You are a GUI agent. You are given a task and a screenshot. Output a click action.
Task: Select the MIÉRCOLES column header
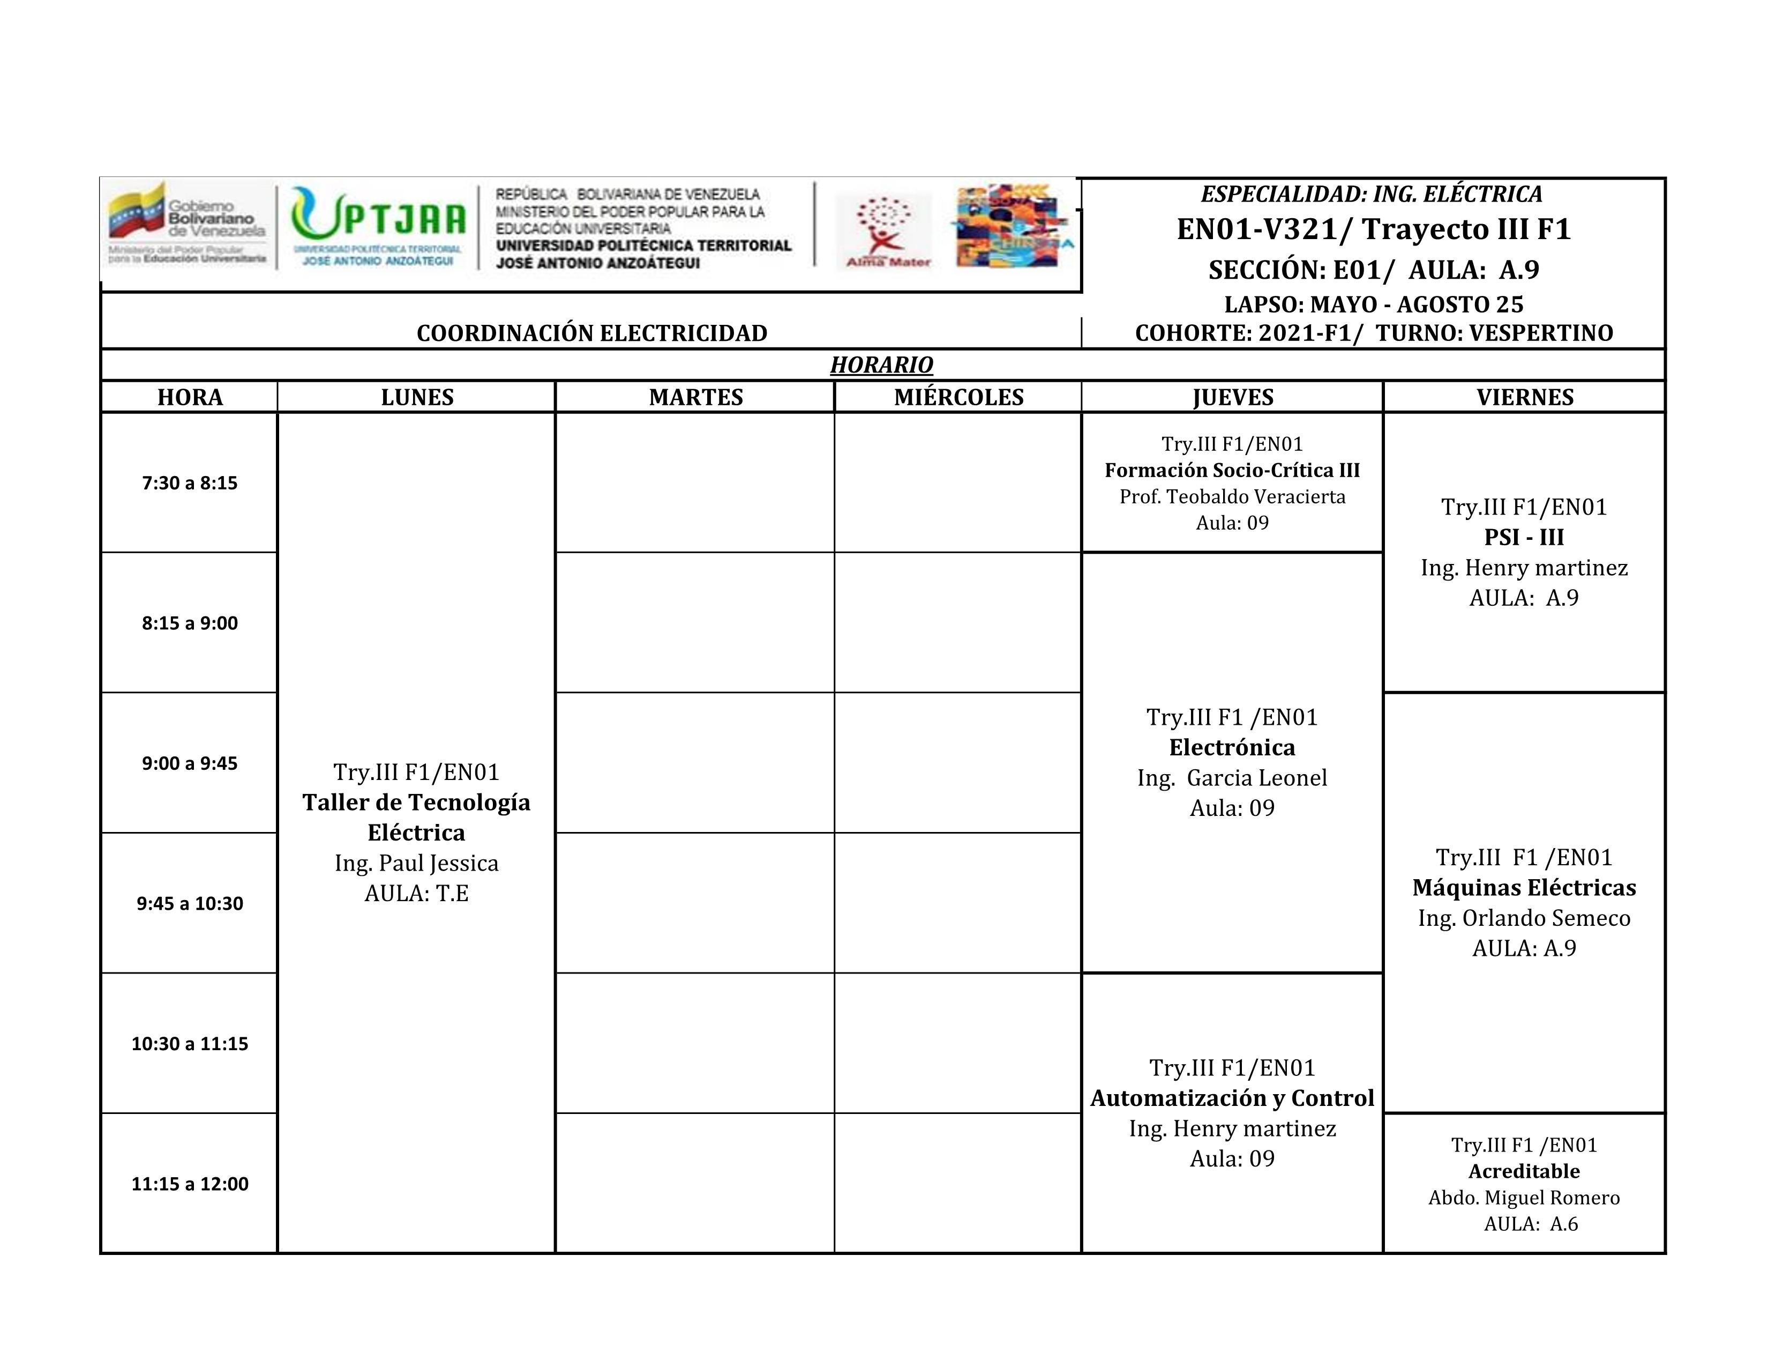pos(958,397)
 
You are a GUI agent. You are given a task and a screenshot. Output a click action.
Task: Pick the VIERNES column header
pos(1524,397)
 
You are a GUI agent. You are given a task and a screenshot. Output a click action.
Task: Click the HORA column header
pos(190,397)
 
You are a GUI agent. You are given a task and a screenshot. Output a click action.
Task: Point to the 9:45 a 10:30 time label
pos(190,903)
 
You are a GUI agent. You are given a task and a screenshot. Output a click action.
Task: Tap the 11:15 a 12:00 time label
pos(190,1183)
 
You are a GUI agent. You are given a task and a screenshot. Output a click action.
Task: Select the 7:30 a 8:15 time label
pos(190,482)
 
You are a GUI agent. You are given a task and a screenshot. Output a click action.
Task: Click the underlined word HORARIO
pos(881,365)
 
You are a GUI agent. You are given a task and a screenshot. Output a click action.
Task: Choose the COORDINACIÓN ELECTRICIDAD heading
pos(592,333)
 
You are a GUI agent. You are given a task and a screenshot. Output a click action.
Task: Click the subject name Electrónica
pos(1231,747)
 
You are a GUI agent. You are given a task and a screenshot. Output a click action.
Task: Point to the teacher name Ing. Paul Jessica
pos(416,863)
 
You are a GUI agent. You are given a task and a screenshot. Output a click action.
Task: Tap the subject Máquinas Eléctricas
pos(1524,888)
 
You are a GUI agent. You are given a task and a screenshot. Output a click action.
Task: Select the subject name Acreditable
pos(1524,1171)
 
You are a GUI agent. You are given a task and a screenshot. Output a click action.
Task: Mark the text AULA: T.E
pos(416,893)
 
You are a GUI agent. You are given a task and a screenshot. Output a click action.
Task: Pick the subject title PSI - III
pos(1524,537)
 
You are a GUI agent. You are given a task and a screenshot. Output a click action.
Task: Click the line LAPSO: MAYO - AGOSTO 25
pos(1373,304)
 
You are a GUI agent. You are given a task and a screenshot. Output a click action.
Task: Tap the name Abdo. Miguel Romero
pos(1524,1198)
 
